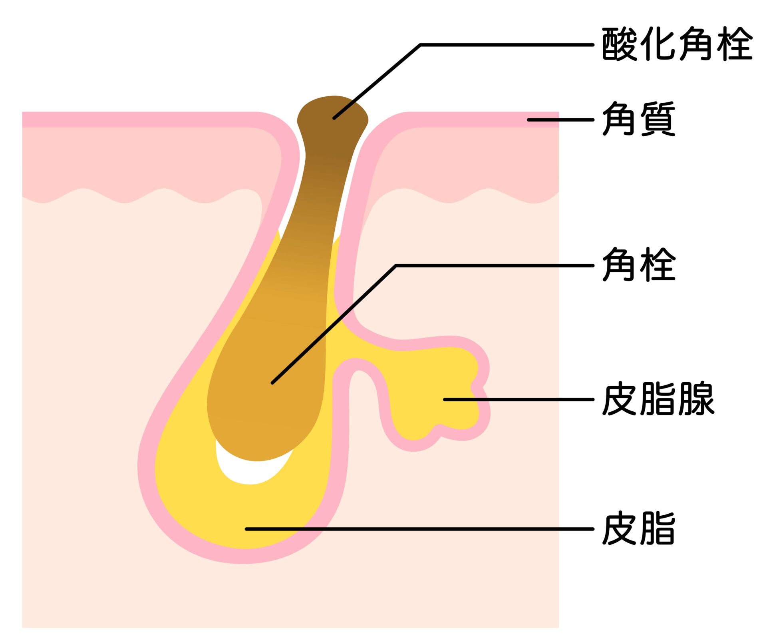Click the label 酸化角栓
(677, 44)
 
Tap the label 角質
(638, 119)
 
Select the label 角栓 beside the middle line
(638, 265)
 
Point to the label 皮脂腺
(658, 399)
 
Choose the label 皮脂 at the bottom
(638, 528)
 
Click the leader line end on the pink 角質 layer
(529, 120)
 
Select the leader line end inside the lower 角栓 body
(273, 383)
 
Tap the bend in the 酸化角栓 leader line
(420, 45)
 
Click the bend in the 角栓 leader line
(395, 265)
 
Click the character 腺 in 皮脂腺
(696, 399)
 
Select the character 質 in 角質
(658, 119)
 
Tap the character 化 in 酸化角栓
(658, 44)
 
